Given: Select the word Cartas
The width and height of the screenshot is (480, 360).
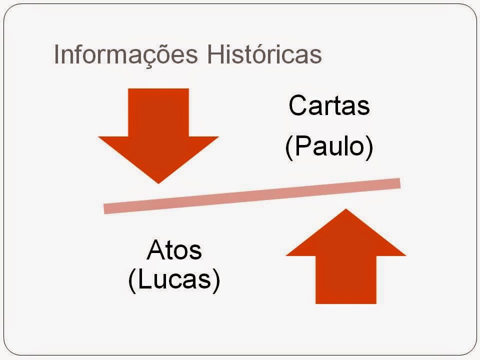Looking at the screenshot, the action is coord(329,105).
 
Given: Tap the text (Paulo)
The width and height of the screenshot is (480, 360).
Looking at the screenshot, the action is coord(329,147).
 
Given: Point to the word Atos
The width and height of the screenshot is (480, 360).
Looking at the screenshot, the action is coord(174,250).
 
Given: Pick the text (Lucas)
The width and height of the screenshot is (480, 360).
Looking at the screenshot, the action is coord(174,280).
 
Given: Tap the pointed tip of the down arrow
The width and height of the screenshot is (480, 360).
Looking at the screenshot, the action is coord(158,181).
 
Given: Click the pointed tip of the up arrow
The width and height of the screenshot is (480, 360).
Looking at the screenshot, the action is coord(345,210).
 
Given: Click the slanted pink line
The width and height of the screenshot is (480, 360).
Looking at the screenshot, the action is coord(252,195).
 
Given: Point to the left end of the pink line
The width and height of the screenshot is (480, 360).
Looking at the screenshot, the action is coord(106,208).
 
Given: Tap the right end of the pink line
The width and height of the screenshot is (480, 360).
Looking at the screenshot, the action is coord(398,183).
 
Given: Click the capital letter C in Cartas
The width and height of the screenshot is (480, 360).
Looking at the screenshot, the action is coord(297,105).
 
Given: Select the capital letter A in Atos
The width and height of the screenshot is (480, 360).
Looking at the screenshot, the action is coord(155,250).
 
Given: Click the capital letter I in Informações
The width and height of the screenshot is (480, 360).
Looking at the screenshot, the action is coord(56,55).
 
